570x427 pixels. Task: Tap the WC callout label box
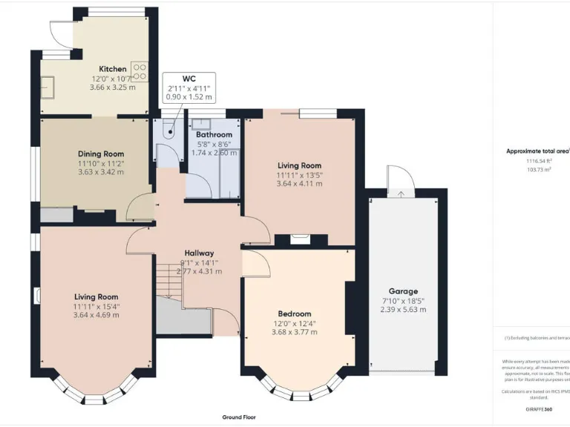(x=189, y=87)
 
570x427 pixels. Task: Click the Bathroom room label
(x=214, y=135)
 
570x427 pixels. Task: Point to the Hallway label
(x=199, y=253)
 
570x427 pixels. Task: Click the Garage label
(x=403, y=291)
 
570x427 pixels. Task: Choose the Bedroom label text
(x=295, y=314)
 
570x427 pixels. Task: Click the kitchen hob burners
(x=139, y=72)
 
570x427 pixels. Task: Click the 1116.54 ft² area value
(x=540, y=161)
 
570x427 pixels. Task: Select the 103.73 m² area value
(x=540, y=170)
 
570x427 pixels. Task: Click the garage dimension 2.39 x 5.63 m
(x=403, y=310)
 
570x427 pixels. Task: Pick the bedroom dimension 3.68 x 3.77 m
(x=295, y=332)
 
